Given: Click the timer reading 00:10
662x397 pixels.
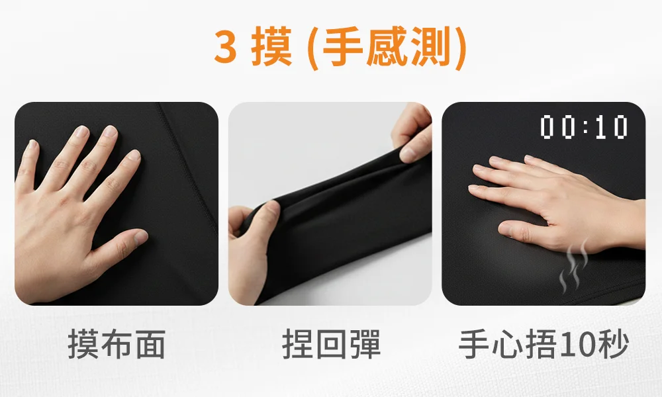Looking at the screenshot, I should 583,127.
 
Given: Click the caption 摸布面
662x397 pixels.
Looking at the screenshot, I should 117,345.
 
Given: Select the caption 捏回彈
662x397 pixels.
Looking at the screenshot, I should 331,345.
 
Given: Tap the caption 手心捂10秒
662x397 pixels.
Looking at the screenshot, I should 544,345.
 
